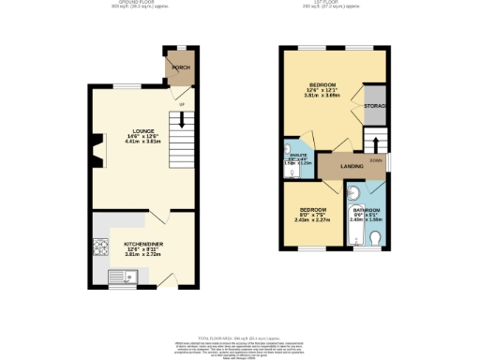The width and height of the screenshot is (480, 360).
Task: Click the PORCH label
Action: [x=180, y=68]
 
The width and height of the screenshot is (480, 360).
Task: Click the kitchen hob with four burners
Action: [x=100, y=247]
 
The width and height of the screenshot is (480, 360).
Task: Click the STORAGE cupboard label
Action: [x=376, y=107]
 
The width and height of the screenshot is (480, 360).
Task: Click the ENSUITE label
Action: [x=295, y=157]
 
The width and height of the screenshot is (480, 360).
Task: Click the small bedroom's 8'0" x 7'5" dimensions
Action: [x=313, y=215]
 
